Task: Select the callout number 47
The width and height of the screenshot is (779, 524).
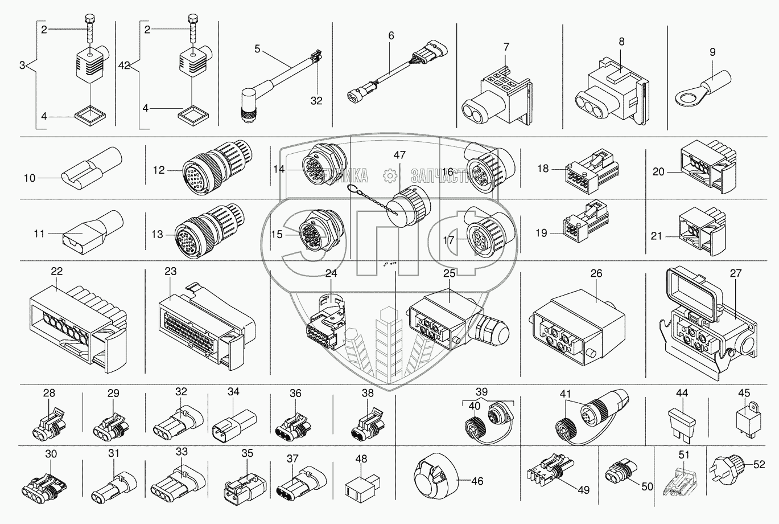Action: [399, 155]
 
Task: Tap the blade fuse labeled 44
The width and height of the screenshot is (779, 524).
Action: [682, 425]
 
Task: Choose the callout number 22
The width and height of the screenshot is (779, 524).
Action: [57, 271]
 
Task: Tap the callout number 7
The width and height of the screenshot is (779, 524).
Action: [506, 47]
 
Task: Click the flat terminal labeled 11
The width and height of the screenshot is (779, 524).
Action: [93, 232]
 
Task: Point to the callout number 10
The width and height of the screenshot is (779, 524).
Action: [30, 178]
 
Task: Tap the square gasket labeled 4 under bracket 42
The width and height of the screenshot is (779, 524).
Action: [193, 116]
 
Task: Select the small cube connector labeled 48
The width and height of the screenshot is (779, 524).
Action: [362, 485]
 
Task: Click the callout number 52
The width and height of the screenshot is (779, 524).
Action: [759, 465]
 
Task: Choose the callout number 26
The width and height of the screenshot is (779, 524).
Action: [596, 273]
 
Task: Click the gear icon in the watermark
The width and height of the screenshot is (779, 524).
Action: [390, 176]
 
